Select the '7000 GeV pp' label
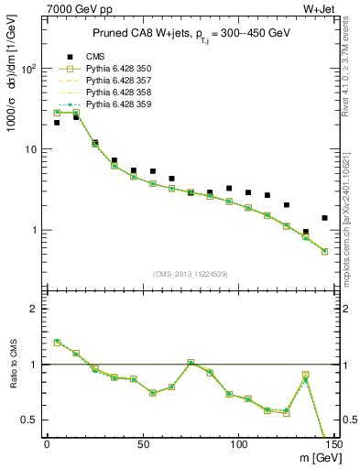76,7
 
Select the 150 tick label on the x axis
334,444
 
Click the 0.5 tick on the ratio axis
29,420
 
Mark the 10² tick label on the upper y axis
28,69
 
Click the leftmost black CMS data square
57,123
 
